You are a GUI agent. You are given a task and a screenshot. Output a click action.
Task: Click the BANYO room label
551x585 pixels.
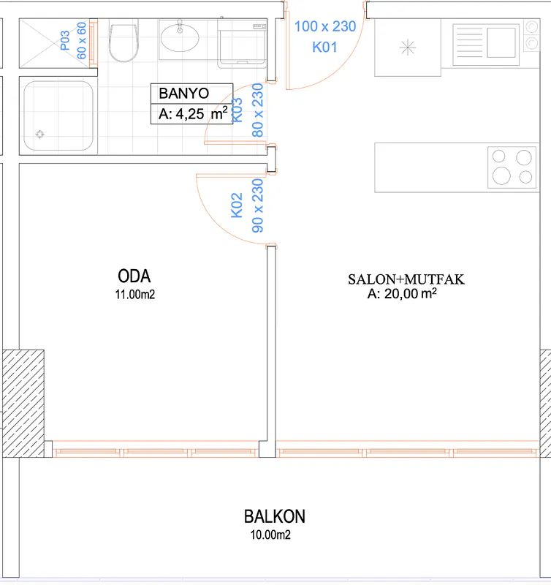(x=184, y=94)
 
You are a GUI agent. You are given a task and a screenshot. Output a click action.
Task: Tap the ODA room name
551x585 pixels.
(x=134, y=276)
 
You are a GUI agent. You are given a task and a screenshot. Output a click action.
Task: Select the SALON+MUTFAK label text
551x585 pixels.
(x=406, y=279)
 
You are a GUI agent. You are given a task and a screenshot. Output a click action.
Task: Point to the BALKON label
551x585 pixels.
(x=275, y=517)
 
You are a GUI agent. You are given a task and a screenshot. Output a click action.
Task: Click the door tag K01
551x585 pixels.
(x=324, y=48)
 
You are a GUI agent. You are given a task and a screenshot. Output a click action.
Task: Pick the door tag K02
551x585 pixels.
(x=237, y=205)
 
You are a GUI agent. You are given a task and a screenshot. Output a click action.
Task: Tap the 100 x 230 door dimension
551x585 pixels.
(x=325, y=26)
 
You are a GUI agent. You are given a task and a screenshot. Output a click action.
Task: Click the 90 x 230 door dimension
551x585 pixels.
(x=258, y=205)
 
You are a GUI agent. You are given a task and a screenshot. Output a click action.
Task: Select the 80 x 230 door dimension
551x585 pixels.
(x=258, y=110)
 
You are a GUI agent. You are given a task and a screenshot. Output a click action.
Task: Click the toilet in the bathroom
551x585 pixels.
(x=123, y=41)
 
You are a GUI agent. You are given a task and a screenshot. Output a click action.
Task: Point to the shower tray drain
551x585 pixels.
(x=40, y=134)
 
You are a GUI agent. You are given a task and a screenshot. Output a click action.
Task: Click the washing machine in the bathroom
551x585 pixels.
(x=242, y=43)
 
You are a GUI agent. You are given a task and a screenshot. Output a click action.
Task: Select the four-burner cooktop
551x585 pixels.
(x=512, y=167)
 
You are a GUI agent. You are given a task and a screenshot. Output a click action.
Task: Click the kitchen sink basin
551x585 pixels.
(x=501, y=43)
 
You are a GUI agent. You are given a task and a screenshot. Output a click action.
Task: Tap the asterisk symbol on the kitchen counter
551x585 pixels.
(x=408, y=48)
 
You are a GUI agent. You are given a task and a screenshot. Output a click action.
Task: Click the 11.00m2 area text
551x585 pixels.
(x=135, y=295)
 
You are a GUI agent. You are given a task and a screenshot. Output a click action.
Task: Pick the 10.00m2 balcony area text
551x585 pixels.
(x=270, y=535)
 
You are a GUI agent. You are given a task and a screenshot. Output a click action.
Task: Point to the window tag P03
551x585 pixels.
(x=65, y=40)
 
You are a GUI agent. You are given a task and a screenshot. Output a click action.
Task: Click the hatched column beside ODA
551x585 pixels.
(x=23, y=404)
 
